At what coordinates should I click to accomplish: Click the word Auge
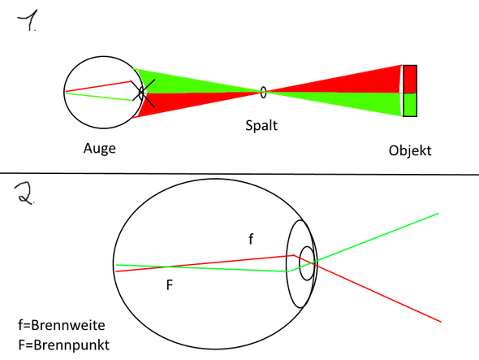point(99,150)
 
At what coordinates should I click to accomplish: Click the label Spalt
point(263,127)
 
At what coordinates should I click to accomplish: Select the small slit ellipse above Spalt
point(263,92)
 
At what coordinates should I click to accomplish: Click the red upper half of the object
point(410,79)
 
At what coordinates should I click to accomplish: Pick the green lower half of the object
point(410,105)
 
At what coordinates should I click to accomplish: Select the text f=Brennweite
point(62,324)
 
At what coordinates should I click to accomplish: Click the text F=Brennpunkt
point(63,345)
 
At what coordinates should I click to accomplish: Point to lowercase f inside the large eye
point(251,239)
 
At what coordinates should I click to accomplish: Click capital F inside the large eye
point(169,285)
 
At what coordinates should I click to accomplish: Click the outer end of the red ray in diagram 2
point(441,320)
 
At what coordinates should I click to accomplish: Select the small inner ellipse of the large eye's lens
point(308,263)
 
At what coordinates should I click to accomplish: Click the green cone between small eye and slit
point(187,81)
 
